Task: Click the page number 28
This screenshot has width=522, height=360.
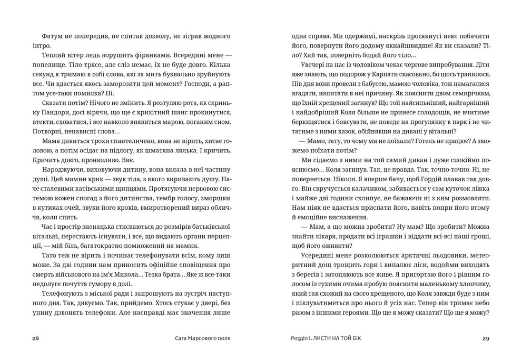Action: coord(36,338)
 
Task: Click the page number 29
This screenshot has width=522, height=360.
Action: coord(486,338)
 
